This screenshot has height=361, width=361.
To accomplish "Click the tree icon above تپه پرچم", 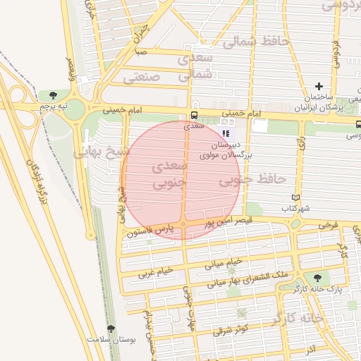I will (54, 94).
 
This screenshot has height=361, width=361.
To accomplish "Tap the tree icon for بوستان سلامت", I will (110, 329).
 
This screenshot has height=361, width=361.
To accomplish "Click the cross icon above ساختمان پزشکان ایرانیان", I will (319, 85).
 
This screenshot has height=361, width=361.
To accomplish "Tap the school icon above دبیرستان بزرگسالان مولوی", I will (226, 133).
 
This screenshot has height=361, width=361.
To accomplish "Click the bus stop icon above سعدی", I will (193, 116).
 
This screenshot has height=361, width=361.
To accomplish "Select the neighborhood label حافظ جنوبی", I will (244, 180).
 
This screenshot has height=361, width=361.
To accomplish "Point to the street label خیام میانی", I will (224, 264).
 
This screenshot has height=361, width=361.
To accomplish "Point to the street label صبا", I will (142, 51).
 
